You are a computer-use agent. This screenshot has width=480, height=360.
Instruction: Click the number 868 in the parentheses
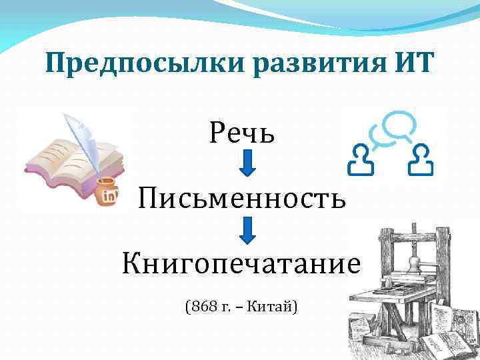click(201, 307)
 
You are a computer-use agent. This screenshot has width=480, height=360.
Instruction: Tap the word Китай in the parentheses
click(269, 307)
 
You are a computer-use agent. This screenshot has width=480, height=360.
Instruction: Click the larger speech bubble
click(400, 123)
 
